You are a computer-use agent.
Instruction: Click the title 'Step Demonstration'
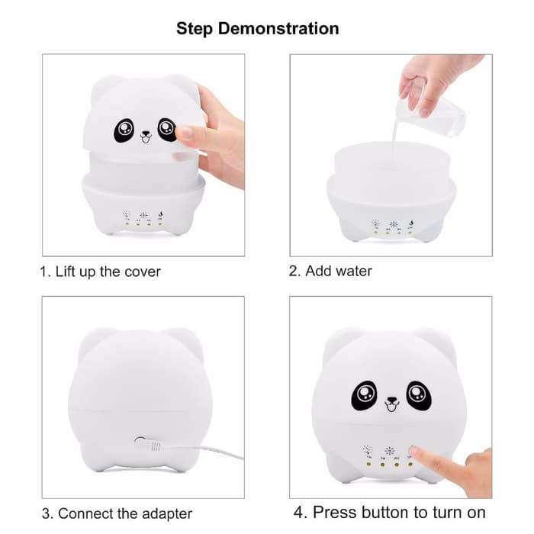tap(258, 29)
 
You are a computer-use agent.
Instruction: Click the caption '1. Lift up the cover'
tap(101, 272)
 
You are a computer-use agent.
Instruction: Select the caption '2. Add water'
tap(330, 271)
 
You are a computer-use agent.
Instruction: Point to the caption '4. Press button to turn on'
tap(390, 512)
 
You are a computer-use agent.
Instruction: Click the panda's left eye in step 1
tap(122, 131)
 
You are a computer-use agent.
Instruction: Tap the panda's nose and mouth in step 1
tap(146, 137)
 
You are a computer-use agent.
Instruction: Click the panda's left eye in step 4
tap(365, 396)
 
